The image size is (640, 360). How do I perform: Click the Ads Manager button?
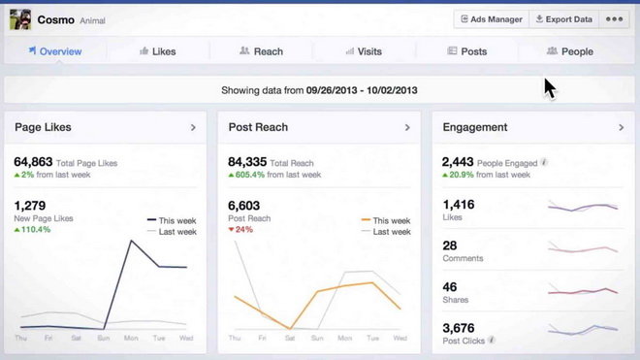pyautogui.click(x=492, y=19)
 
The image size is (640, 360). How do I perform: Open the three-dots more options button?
pyautogui.click(x=614, y=19)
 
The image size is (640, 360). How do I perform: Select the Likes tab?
pyautogui.click(x=158, y=51)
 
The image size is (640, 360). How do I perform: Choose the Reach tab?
pyautogui.click(x=261, y=51)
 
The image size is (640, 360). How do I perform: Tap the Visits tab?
pyautogui.click(x=364, y=51)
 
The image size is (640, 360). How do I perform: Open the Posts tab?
pyautogui.click(x=467, y=51)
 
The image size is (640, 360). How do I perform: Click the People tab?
pyautogui.click(x=570, y=51)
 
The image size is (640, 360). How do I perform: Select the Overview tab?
pyautogui.click(x=55, y=51)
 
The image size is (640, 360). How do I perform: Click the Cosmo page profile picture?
pyautogui.click(x=20, y=19)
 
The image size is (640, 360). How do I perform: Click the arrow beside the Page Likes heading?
pyautogui.click(x=193, y=127)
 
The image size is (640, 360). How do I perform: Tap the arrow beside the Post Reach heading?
pyautogui.click(x=407, y=127)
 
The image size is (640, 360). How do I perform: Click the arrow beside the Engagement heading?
pyautogui.click(x=622, y=127)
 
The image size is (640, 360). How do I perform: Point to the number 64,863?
pyautogui.click(x=33, y=162)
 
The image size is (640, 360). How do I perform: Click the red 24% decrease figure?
pyautogui.click(x=240, y=230)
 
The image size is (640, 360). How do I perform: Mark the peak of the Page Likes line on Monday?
pyautogui.click(x=131, y=241)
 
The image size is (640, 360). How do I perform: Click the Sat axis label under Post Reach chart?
pyautogui.click(x=290, y=338)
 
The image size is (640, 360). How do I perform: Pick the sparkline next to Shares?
pyautogui.click(x=583, y=291)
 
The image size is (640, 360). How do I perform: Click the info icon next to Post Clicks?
pyautogui.click(x=492, y=340)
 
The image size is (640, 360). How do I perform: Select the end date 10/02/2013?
pyautogui.click(x=392, y=90)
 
